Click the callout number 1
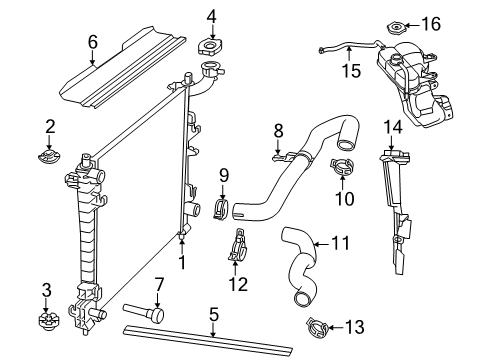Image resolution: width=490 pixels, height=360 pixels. pyautogui.click(x=183, y=263)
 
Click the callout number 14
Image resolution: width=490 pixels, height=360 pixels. pyautogui.click(x=392, y=126)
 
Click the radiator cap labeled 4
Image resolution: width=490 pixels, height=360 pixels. pyautogui.click(x=211, y=48)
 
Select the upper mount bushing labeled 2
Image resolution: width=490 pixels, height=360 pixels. pyautogui.click(x=48, y=159)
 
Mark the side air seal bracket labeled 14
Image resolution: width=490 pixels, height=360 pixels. pyautogui.click(x=400, y=210)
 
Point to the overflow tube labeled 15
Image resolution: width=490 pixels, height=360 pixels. pyautogui.click(x=340, y=46)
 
